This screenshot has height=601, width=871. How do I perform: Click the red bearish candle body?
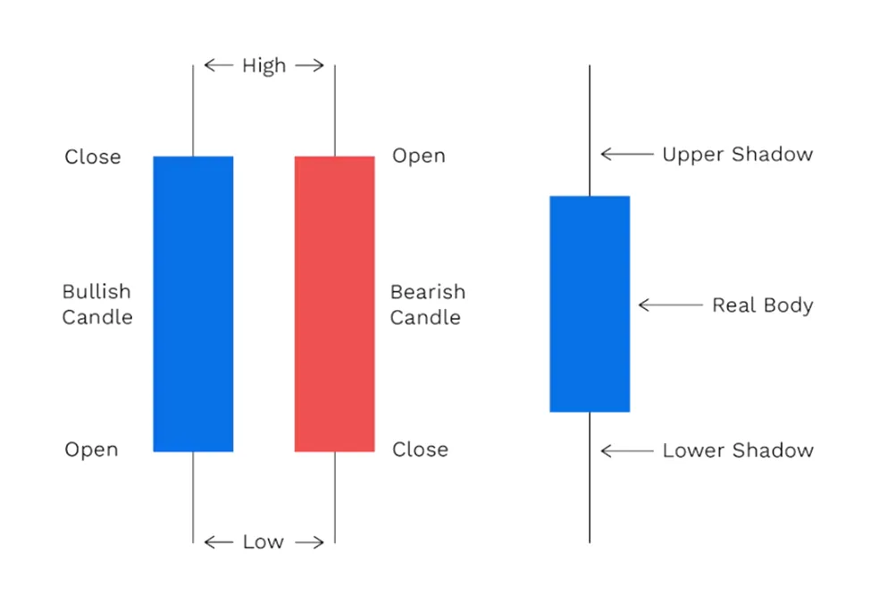[334, 304]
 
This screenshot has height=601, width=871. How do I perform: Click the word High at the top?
[264, 65]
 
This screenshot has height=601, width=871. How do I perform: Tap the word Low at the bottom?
[264, 541]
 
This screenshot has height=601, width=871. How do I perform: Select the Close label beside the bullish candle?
[93, 156]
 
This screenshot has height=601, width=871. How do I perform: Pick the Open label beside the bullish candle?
[92, 449]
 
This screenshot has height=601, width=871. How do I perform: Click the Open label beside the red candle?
[419, 155]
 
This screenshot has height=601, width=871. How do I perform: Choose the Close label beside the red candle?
[420, 449]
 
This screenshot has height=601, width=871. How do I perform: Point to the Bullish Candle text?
[97, 305]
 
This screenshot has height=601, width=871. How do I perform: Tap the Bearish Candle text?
[428, 305]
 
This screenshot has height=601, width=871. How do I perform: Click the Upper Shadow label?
[738, 154]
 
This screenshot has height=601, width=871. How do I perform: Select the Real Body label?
[763, 305]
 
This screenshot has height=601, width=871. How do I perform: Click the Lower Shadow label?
[738, 450]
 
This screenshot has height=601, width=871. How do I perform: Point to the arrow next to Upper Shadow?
[628, 154]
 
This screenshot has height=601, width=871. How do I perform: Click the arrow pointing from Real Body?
[671, 305]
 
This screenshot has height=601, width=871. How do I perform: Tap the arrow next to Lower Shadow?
[628, 450]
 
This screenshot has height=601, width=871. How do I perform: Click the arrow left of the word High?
[219, 65]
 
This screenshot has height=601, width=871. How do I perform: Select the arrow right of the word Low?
[309, 542]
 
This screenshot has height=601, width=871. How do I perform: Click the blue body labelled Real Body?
[590, 304]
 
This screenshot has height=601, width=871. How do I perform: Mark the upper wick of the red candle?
[335, 111]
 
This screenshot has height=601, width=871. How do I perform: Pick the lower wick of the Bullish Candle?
[193, 497]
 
